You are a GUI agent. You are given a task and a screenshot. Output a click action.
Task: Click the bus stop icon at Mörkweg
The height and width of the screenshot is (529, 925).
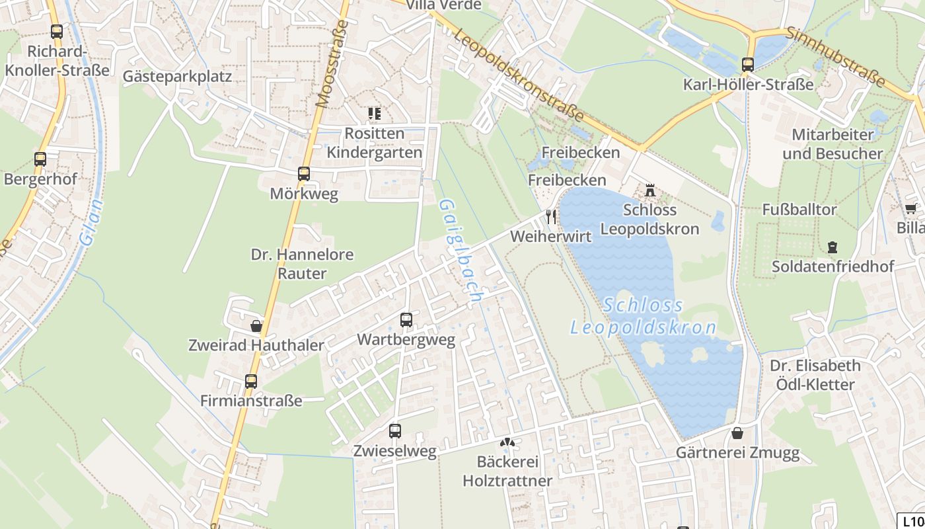click(x=304, y=174)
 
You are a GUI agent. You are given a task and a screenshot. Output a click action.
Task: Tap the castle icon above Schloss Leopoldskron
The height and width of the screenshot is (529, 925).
click(x=650, y=190)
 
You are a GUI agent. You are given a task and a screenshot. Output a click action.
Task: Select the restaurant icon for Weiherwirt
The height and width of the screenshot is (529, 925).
click(x=551, y=216)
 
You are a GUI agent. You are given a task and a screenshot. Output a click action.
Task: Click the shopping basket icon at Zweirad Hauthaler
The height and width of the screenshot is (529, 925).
click(x=256, y=326)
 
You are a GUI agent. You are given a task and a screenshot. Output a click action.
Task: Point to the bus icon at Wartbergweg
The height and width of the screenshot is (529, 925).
click(x=406, y=320)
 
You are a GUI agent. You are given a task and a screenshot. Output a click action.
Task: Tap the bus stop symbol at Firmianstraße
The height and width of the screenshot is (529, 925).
click(x=251, y=381)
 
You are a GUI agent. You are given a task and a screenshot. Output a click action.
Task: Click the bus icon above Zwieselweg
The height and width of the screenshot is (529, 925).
click(x=395, y=431)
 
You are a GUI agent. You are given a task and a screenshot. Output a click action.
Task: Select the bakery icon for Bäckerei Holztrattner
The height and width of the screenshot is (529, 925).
click(x=507, y=442)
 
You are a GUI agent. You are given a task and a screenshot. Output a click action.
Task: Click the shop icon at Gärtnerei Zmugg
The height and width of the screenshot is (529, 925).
click(x=737, y=433)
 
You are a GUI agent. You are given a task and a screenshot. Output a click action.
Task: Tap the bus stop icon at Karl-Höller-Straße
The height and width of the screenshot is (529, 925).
click(x=748, y=65)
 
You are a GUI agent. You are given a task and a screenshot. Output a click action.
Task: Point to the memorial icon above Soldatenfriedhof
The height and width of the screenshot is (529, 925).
click(x=832, y=247)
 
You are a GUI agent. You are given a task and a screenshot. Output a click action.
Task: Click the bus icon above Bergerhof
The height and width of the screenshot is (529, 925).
click(x=40, y=159)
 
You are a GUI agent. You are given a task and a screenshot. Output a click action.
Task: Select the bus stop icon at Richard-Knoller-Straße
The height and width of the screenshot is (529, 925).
click(x=57, y=31)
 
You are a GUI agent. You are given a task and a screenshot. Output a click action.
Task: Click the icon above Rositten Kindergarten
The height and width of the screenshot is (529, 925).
click(x=375, y=114)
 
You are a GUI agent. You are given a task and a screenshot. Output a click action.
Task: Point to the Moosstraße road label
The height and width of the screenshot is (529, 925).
click(x=332, y=64)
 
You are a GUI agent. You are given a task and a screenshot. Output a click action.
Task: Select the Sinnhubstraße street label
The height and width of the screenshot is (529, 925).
click(x=835, y=57)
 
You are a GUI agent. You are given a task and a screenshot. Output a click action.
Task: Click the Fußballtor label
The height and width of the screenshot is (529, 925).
click(x=799, y=210)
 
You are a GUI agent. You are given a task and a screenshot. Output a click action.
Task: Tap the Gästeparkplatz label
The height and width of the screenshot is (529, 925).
click(x=177, y=76)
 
